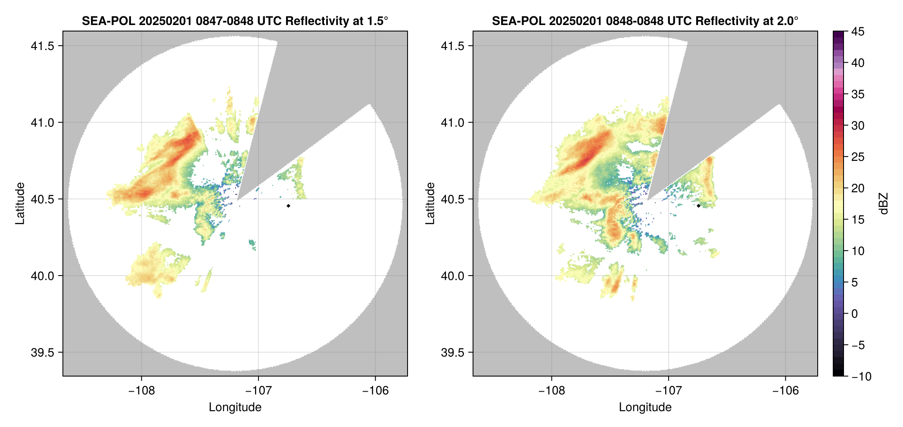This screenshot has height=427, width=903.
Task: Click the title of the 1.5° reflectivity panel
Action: click(235, 21)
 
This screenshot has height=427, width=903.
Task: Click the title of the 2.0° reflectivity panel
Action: click(645, 21)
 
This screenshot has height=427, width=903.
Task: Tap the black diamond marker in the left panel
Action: click(288, 206)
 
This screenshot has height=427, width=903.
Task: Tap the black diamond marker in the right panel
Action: click(698, 206)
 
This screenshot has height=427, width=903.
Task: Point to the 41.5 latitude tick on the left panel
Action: click(42, 46)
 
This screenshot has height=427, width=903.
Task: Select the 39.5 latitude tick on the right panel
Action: click(452, 352)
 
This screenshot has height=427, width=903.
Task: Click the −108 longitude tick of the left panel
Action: click(141, 390)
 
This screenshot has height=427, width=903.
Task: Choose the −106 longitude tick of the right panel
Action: click(785, 390)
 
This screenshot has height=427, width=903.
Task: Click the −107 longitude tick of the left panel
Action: click(258, 390)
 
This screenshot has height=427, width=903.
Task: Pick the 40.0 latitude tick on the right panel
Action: click(452, 276)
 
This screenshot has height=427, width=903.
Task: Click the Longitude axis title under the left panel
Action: click(235, 407)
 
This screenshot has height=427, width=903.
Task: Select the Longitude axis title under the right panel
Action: click(645, 407)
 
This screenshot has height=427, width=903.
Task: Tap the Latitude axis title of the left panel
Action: click(20, 203)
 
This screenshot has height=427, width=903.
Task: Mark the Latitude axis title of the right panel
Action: click(430, 203)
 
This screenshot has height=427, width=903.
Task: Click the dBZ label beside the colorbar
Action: click(884, 203)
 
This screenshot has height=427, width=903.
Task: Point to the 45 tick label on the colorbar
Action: click(858, 31)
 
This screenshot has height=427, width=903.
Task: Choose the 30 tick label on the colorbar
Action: click(858, 126)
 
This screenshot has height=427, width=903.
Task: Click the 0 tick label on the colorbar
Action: click(855, 314)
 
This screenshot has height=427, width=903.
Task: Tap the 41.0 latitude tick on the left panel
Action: click(42, 123)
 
